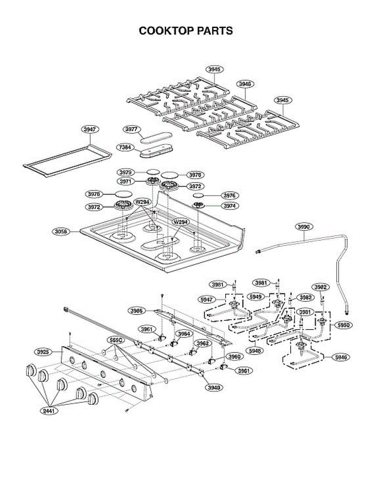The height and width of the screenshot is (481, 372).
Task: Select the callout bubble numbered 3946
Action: pos(245,84)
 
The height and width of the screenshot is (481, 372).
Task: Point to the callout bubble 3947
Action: pos(90,129)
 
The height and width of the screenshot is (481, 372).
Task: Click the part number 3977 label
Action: pos(131,129)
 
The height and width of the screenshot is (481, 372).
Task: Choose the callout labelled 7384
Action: pos(125,148)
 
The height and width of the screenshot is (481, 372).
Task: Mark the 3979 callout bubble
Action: pos(126,172)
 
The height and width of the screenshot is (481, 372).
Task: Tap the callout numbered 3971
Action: pos(126,182)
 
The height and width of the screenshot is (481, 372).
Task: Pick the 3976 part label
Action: pos(230,195)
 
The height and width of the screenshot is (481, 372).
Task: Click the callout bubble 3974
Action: pos(230,206)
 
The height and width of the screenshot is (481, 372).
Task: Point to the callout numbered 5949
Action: pos(255,297)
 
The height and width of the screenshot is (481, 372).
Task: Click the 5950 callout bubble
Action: pos(344,325)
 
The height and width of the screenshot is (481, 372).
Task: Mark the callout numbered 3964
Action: pos(184,333)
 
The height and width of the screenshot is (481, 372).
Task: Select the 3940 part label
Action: pos(213,388)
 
